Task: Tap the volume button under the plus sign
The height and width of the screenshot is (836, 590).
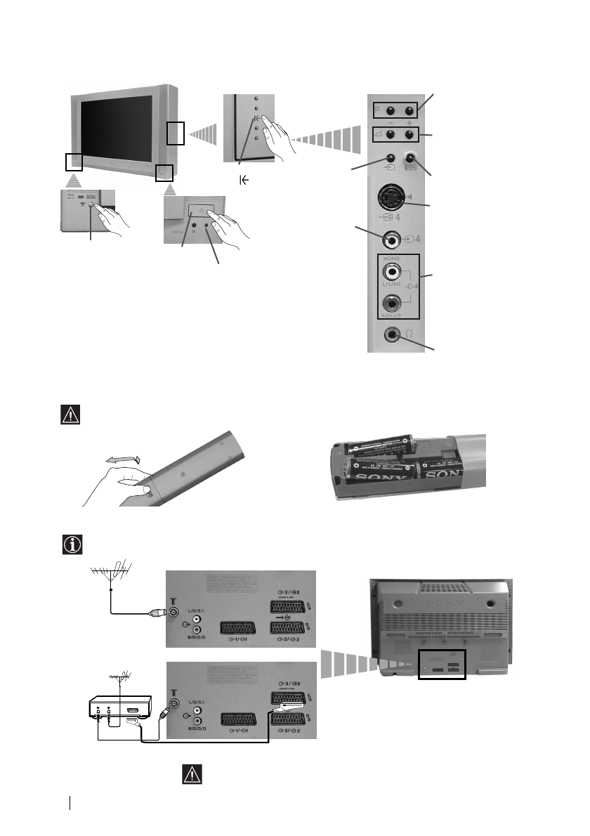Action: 407,133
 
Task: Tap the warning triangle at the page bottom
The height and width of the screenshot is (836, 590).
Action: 192,774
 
